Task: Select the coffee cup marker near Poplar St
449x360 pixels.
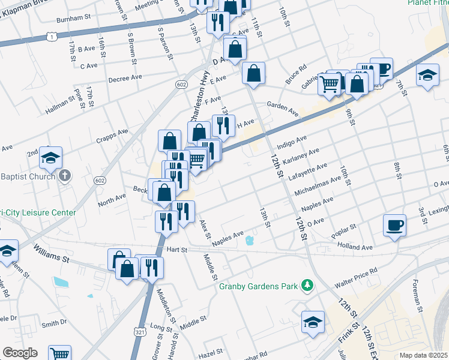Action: point(394,226)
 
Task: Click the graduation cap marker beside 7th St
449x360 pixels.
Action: point(427,76)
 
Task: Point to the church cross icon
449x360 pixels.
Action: point(65,176)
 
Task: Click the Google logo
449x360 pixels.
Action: point(20,353)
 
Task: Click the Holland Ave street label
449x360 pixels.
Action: point(372,247)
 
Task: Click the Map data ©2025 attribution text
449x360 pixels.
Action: point(423,355)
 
